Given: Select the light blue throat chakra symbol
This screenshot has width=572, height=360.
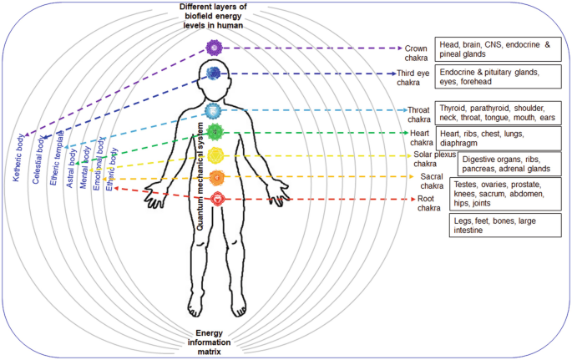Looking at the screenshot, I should tap(215, 109).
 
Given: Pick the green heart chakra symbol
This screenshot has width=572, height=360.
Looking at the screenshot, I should tap(215, 131).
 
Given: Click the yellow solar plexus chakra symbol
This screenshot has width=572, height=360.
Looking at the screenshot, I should tap(215, 155).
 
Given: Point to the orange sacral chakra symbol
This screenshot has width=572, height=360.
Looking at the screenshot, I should tap(215, 177).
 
